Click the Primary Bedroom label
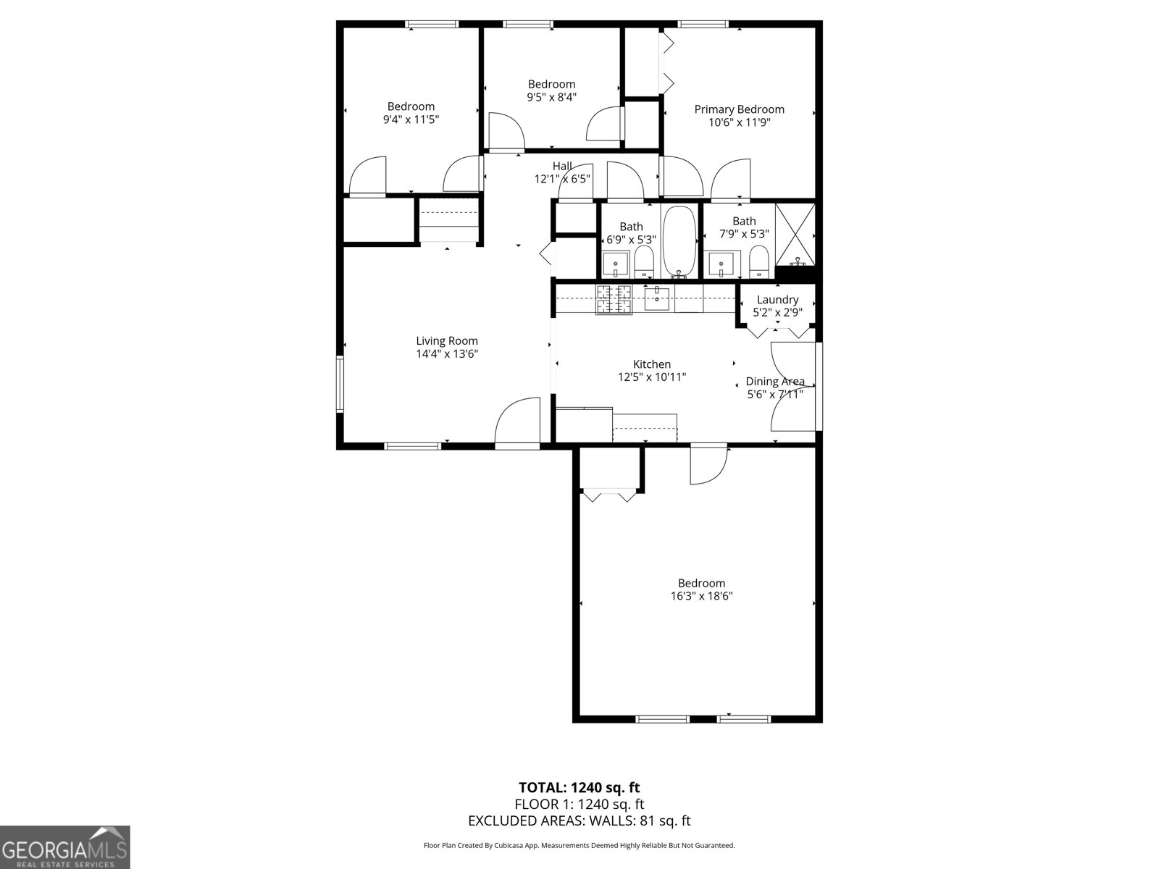739,109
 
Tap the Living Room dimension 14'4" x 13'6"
446,354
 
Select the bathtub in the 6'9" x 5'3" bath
679,242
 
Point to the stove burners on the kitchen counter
614,299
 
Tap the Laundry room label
777,300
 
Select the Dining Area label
774,382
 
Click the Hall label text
562,167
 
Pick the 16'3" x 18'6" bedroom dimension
701,596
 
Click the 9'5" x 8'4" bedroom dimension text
551,97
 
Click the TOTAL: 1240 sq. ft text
579,787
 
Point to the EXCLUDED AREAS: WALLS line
579,820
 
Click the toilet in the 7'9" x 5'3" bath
758,261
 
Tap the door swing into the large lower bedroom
707,465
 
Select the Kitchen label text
651,364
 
